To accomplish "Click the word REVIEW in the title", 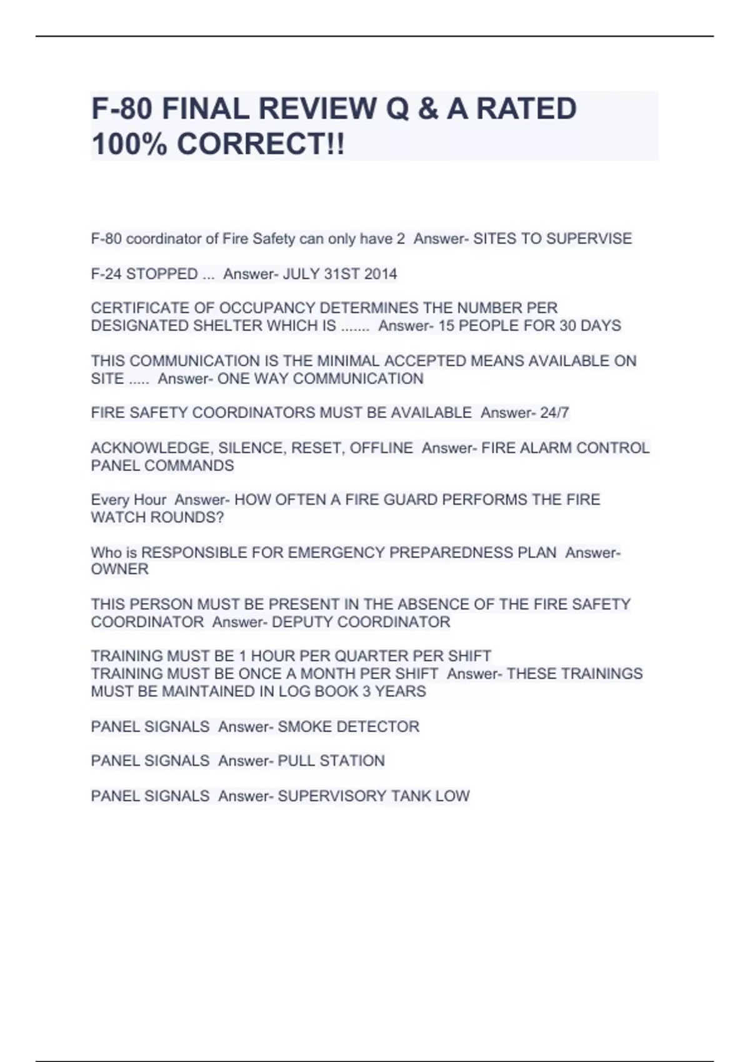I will pyautogui.click(x=316, y=109).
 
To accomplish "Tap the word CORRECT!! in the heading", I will pyautogui.click(x=261, y=144).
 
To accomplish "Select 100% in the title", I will pyautogui.click(x=129, y=144).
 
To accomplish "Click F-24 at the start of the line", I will pyautogui.click(x=106, y=274).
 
